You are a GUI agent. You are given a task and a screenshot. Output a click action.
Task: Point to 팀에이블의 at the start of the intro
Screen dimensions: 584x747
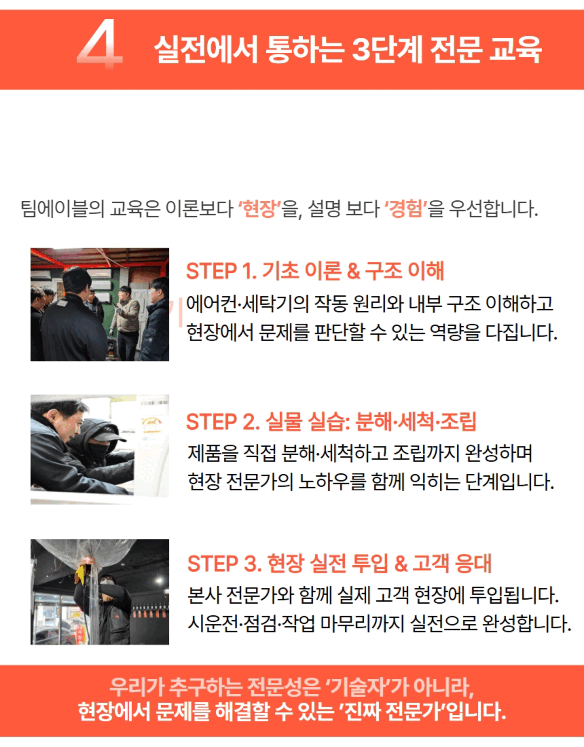pos(62,208)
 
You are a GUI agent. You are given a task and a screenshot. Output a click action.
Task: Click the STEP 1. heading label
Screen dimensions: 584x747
pos(222,271)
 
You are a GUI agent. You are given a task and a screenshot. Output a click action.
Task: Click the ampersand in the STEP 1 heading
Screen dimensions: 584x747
pos(353,272)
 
